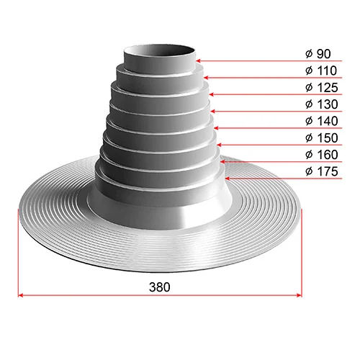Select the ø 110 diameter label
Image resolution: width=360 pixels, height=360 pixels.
click(320, 72)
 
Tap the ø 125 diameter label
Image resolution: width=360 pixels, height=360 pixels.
click(320, 88)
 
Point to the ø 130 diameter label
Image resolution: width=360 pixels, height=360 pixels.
click(320, 105)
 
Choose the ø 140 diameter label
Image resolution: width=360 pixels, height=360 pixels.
click(320, 122)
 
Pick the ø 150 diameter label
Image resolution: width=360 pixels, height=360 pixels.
click(320, 138)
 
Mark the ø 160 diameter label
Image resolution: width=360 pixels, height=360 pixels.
click(320, 155)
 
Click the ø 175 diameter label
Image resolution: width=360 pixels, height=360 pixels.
click(320, 171)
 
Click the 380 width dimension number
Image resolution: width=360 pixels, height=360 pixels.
click(160, 286)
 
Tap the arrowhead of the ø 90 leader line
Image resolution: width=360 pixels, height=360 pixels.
click(199, 61)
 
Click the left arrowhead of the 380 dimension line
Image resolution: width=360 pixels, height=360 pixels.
click(22, 294)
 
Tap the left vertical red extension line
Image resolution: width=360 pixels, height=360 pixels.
click(18, 252)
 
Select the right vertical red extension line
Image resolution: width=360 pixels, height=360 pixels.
click(302, 252)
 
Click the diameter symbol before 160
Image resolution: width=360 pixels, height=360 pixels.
click(308, 155)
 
